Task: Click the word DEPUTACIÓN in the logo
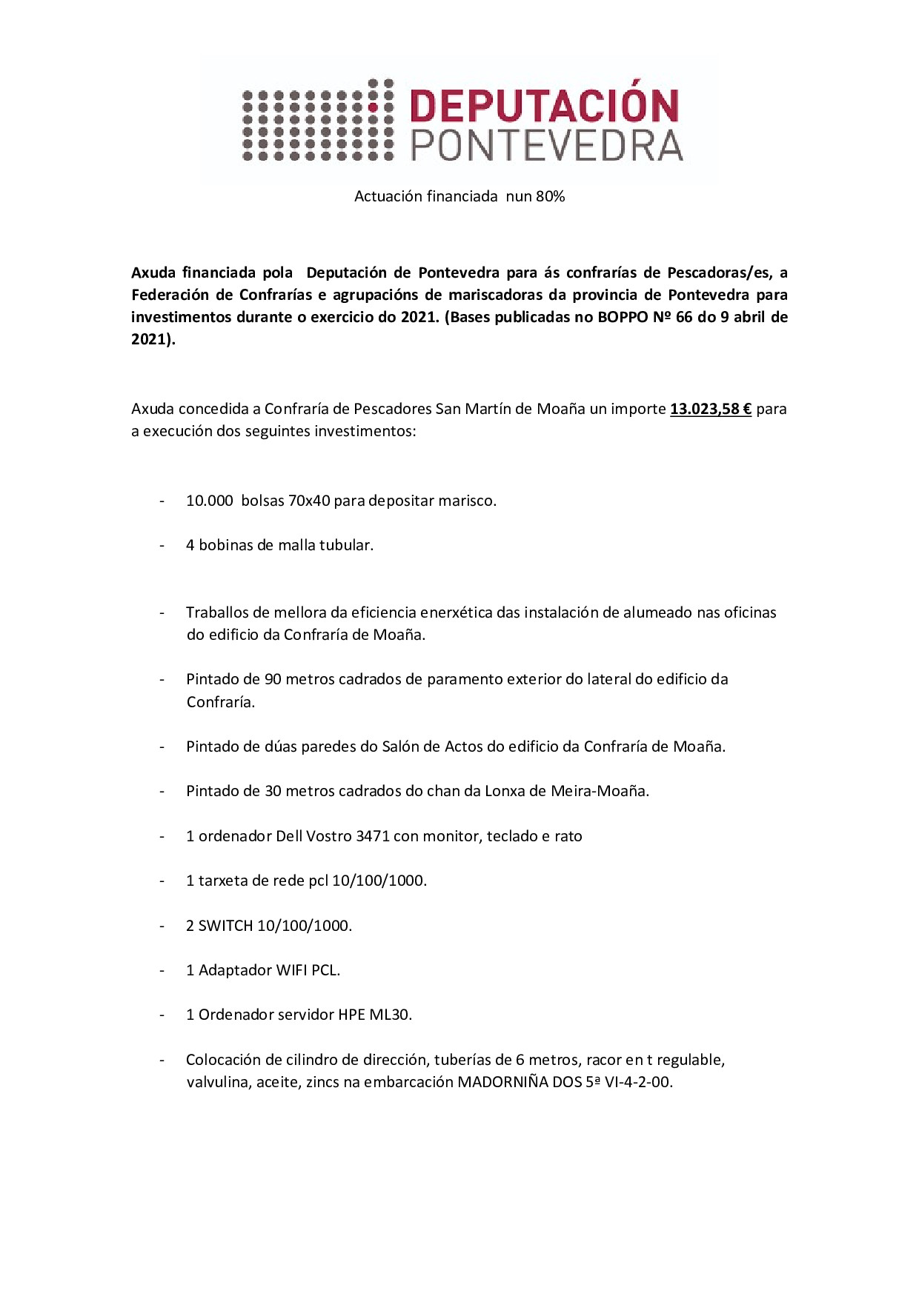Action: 544,107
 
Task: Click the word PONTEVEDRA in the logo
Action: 547,146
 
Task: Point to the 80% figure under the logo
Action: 550,196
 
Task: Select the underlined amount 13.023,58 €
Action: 711,409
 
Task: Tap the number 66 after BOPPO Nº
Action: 684,317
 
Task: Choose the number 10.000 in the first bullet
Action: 210,501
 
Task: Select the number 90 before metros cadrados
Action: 273,679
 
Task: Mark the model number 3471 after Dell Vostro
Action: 372,836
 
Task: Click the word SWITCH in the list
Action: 225,926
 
